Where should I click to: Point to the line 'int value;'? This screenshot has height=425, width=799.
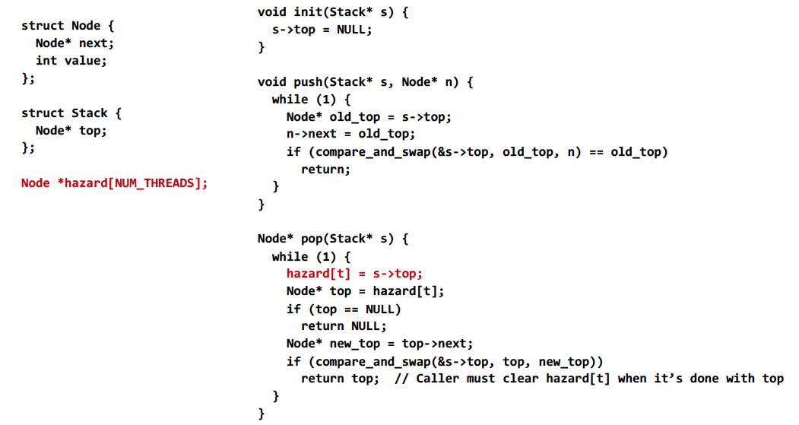coord(71,61)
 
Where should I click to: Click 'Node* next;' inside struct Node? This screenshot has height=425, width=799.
coord(75,43)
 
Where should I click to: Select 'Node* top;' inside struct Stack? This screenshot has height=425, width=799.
coord(71,131)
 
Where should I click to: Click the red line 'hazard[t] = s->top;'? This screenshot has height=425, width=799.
coord(354,274)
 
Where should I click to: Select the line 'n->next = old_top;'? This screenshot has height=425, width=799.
coord(350,135)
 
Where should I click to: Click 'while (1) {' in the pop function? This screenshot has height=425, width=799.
coord(311,257)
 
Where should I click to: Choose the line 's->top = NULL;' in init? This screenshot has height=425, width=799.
coord(322,30)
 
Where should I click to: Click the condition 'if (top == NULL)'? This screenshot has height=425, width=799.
coord(344,309)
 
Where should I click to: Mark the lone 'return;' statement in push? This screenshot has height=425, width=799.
coord(325,170)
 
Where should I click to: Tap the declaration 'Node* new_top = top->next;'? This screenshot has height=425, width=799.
coord(379,344)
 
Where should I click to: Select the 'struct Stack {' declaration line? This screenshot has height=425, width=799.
coord(71,113)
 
